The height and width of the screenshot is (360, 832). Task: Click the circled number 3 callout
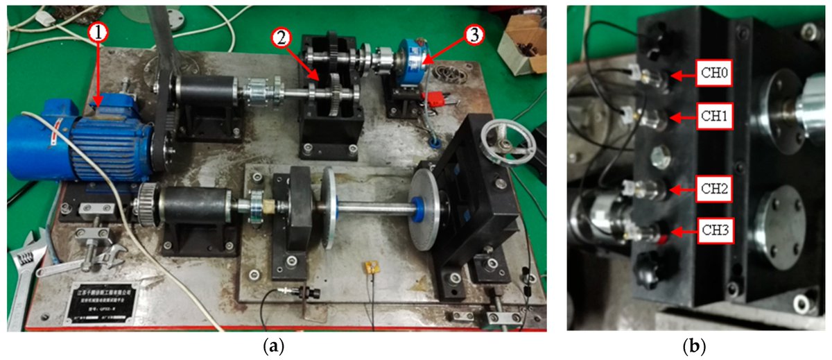pos(474,35)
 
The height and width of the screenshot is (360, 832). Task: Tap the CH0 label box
pos(721,71)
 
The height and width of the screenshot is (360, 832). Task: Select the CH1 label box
pos(721,118)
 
